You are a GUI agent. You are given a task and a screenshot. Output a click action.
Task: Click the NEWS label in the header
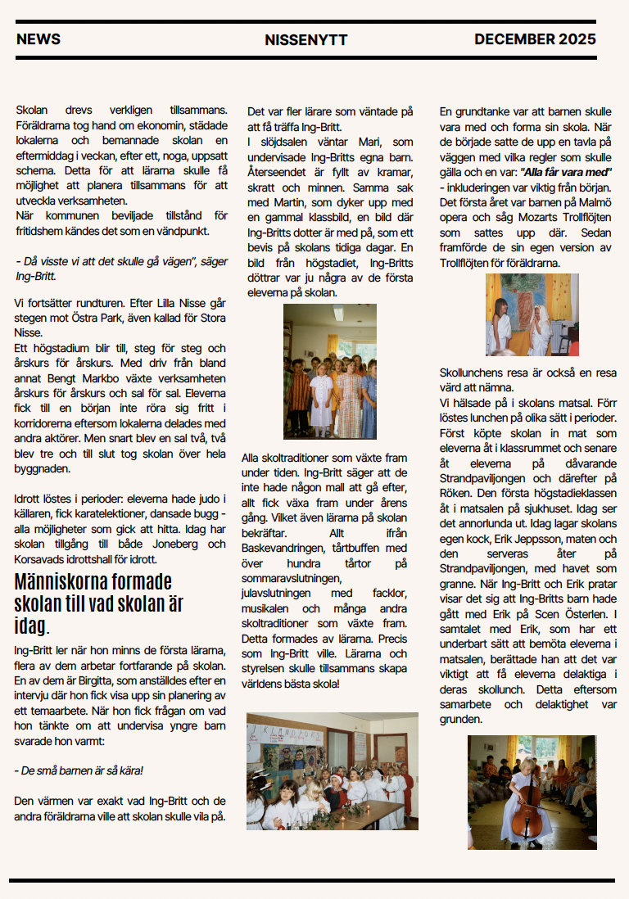click(x=38, y=39)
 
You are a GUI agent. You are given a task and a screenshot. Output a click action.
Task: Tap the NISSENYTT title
click(x=306, y=40)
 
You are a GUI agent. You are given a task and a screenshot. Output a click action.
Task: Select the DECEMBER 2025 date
click(x=535, y=39)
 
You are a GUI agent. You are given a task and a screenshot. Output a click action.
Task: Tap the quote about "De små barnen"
click(x=79, y=770)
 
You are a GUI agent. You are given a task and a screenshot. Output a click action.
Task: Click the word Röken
click(x=457, y=494)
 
